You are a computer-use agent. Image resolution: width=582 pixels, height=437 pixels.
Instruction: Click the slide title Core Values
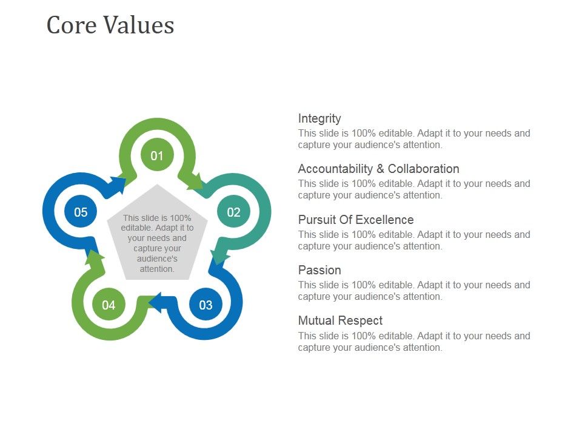point(110,25)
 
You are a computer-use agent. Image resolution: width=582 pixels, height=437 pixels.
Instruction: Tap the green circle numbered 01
point(157,155)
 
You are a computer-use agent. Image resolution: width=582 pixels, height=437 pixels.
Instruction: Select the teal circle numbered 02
point(233,212)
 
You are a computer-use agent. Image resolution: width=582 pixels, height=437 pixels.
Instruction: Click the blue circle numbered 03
point(206,305)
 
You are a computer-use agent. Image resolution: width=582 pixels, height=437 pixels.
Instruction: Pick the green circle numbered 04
point(109,305)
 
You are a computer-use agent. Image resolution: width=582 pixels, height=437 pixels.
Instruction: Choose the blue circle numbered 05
point(81,212)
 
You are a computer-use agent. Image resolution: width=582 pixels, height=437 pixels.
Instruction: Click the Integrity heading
point(319,118)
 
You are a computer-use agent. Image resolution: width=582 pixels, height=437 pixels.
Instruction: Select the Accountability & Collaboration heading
point(378,169)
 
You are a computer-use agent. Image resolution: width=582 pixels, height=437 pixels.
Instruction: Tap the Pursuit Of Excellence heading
point(356,220)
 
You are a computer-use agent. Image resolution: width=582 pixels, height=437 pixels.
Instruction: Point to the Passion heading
point(319,270)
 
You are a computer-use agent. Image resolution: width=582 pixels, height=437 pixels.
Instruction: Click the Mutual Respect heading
point(340,320)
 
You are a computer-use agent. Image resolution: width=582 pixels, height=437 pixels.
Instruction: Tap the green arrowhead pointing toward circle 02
point(195,181)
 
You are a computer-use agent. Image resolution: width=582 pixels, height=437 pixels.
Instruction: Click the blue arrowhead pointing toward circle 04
point(155,301)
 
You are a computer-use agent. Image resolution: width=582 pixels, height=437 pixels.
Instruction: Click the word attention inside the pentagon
point(157,269)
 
